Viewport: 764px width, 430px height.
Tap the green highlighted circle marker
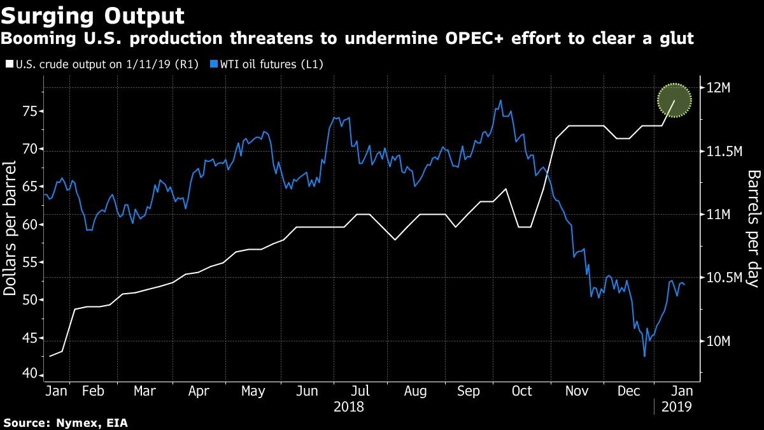(675, 101)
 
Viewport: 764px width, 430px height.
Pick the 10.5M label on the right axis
(724, 278)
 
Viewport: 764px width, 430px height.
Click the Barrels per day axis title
(754, 228)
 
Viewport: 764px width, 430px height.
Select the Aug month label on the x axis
(415, 391)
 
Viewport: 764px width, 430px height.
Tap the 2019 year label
(676, 406)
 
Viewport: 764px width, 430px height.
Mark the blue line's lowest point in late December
(644, 356)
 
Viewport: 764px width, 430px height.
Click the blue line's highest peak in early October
(501, 100)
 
